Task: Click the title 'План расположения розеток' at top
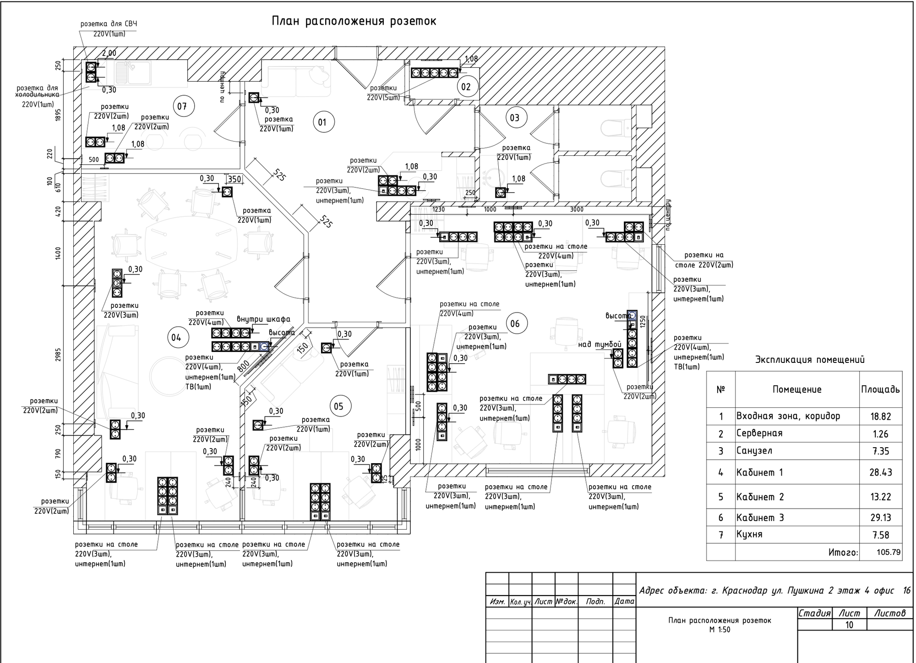tap(354, 21)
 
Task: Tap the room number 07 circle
tap(182, 106)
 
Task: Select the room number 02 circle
tap(466, 87)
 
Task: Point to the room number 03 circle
tap(515, 118)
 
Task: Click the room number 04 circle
tap(176, 338)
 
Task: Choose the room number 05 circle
tap(338, 406)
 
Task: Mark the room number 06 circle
tap(515, 324)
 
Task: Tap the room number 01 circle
tap(322, 122)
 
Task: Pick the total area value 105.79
tap(889, 552)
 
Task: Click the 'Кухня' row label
tap(749, 534)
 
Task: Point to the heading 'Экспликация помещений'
tap(810, 360)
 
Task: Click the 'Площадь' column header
tap(880, 389)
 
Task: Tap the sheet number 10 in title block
tap(849, 625)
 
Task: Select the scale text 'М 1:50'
tap(720, 630)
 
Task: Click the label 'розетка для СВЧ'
tap(109, 24)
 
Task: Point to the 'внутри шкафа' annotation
tap(263, 319)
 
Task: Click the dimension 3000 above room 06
tap(577, 209)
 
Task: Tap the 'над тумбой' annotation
tap(600, 344)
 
